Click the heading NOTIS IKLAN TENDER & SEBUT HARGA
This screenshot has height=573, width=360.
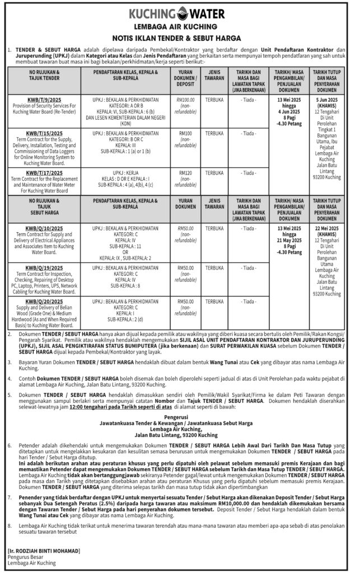click(180, 37)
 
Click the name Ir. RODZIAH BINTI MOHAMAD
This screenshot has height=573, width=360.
click(46, 551)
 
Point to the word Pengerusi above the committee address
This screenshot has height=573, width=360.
click(180, 416)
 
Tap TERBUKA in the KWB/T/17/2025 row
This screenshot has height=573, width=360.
click(214, 173)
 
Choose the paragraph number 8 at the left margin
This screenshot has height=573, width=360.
click(9, 526)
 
